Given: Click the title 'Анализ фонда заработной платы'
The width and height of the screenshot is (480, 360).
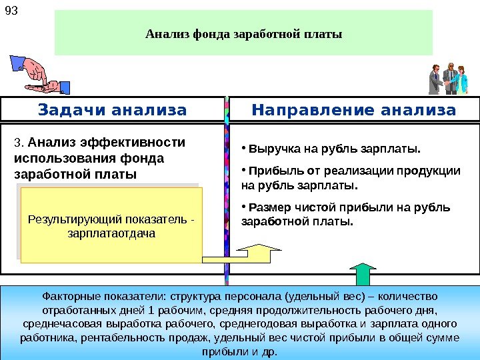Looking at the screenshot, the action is pos(243,33).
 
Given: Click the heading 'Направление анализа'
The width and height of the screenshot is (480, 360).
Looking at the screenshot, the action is pos(354,109).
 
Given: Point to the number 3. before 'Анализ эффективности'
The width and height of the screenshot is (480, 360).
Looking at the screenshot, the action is pos(19,142).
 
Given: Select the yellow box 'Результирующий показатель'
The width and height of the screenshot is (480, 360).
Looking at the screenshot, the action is pos(111,225).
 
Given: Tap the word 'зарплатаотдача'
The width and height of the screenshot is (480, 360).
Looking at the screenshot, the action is pos(111,234).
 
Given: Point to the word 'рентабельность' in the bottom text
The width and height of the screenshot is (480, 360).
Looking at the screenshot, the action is pos(117,338).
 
